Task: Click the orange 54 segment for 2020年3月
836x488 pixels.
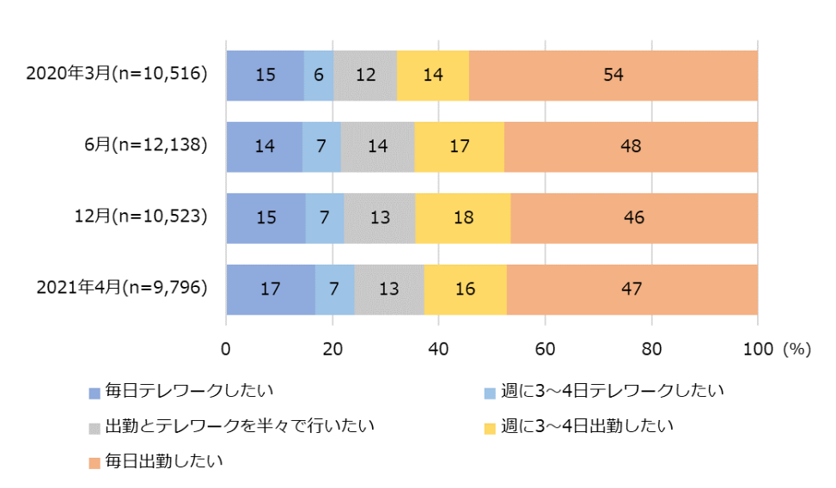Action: point(613,75)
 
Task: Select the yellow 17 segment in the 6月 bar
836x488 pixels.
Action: point(459,146)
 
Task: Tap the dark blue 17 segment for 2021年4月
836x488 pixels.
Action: point(270,289)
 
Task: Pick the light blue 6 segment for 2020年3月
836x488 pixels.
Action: point(319,75)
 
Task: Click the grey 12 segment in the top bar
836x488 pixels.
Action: point(365,75)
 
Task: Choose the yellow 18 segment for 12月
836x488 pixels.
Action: point(462,217)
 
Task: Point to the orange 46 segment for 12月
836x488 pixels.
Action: point(634,217)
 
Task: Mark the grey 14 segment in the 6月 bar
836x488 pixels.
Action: point(377,146)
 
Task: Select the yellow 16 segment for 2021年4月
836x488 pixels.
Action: point(465,289)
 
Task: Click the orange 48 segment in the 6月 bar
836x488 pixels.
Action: point(631,146)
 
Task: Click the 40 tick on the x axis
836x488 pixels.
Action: point(438,350)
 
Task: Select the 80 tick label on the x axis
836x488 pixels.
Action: point(651,350)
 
